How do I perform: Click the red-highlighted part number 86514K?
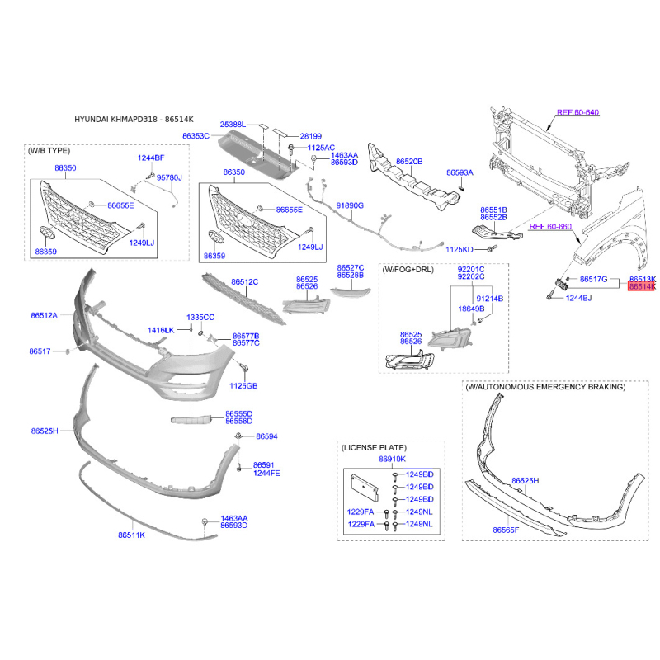(x=642, y=286)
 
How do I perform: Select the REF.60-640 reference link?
(x=577, y=112)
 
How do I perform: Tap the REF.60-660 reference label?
(x=550, y=226)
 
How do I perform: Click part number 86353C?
(x=196, y=136)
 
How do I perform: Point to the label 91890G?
(x=350, y=205)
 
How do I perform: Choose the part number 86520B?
(x=409, y=161)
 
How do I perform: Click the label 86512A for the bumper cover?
(x=45, y=315)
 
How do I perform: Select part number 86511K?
(x=131, y=535)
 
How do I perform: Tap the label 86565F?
(x=506, y=530)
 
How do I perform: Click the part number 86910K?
(x=393, y=459)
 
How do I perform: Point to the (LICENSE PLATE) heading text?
(x=374, y=447)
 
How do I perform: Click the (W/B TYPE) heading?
(x=49, y=151)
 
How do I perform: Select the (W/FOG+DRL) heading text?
(x=408, y=270)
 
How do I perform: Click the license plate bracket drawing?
(x=365, y=488)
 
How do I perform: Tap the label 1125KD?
(x=460, y=250)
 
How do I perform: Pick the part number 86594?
(x=266, y=436)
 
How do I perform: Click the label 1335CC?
(x=200, y=317)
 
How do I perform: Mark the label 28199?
(x=311, y=136)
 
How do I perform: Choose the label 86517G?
(x=593, y=279)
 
